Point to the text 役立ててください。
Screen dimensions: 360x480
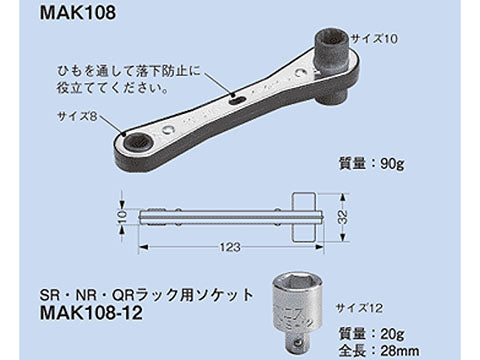[117, 87]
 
